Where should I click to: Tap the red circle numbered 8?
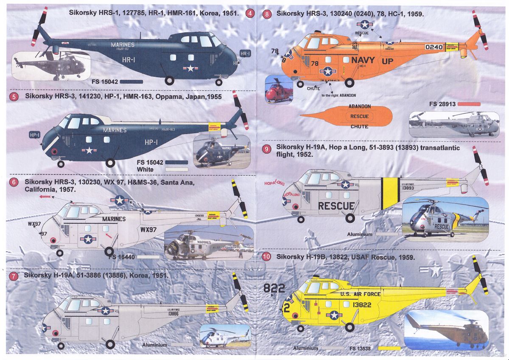(266, 14)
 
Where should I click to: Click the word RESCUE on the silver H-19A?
(336, 206)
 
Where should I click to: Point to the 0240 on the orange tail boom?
(433, 47)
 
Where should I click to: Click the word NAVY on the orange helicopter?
(363, 60)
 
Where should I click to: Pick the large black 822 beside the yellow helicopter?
(275, 288)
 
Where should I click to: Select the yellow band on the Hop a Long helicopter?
(388, 193)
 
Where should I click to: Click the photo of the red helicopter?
(280, 90)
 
